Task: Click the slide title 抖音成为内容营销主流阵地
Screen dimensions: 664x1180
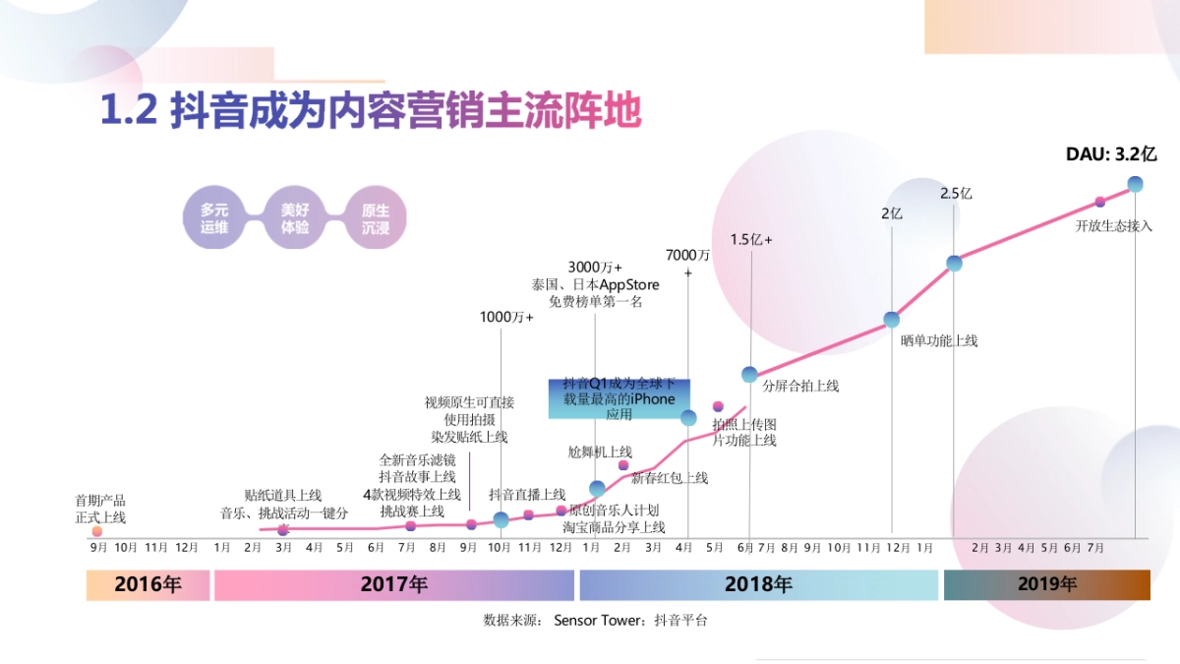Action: pyautogui.click(x=371, y=111)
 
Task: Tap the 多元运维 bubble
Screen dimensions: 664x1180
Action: pyautogui.click(x=214, y=217)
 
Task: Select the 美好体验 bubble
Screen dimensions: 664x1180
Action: pyautogui.click(x=295, y=217)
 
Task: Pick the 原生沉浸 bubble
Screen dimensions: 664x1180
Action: pyautogui.click(x=375, y=217)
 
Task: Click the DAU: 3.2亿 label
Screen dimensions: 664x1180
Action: pyautogui.click(x=1111, y=154)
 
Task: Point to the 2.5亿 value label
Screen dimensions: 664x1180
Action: pyautogui.click(x=955, y=194)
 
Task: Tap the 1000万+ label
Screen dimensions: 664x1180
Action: pyautogui.click(x=506, y=317)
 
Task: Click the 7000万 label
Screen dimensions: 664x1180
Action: pyautogui.click(x=687, y=255)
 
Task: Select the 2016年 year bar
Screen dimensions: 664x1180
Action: pyautogui.click(x=147, y=584)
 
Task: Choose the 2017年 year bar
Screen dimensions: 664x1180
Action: pyautogui.click(x=393, y=584)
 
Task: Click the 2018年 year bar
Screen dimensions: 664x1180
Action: pyautogui.click(x=758, y=584)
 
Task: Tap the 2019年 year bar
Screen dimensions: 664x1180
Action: pyautogui.click(x=1046, y=584)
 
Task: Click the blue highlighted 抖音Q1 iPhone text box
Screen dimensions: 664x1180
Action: pyautogui.click(x=619, y=398)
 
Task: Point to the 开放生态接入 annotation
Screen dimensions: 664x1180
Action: pyautogui.click(x=1113, y=225)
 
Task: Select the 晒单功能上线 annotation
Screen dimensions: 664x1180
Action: pyautogui.click(x=939, y=340)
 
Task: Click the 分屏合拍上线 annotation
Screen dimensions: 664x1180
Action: pyautogui.click(x=800, y=386)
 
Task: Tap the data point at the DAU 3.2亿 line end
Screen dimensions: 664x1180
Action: pyautogui.click(x=1135, y=184)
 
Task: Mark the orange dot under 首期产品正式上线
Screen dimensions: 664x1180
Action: pyautogui.click(x=97, y=531)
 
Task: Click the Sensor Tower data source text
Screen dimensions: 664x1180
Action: pyautogui.click(x=595, y=620)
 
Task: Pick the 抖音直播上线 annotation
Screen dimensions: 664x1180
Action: pyautogui.click(x=527, y=494)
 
